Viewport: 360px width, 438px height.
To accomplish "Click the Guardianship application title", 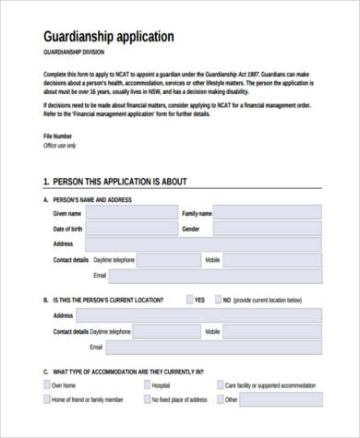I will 108,37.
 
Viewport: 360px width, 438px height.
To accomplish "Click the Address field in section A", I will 202,244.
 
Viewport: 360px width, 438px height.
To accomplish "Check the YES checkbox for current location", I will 190,300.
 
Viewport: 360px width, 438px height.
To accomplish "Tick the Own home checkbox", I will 48,385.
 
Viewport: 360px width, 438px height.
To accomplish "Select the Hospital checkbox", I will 145,385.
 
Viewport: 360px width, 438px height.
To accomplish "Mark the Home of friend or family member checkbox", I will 48,400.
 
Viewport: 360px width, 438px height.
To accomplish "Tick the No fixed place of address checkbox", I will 145,400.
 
